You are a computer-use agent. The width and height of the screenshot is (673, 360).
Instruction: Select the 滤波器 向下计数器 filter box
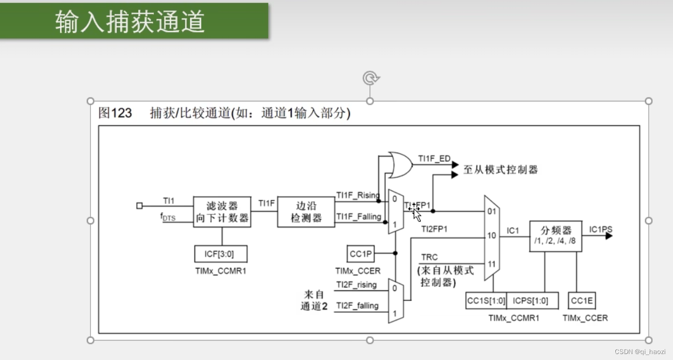coord(222,212)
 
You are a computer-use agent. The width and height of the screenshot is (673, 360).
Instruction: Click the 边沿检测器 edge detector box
coord(306,212)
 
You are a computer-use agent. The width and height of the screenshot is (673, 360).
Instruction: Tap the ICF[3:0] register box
coord(221,254)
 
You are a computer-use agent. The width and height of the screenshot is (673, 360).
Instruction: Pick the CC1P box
coord(361,254)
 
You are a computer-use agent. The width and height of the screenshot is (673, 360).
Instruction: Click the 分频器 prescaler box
coord(555,236)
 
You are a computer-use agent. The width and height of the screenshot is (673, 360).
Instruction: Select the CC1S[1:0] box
coord(486,301)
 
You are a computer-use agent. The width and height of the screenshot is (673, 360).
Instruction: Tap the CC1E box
coord(582,301)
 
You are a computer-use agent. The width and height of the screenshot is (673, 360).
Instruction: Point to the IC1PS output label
coord(600,229)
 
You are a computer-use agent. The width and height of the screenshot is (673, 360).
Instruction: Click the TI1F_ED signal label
coord(433,159)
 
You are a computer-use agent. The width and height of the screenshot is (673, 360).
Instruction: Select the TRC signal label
coord(429,257)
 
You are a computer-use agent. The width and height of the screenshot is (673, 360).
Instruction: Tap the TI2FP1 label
coord(434,229)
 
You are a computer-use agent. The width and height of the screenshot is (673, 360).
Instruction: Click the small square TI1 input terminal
coord(140,205)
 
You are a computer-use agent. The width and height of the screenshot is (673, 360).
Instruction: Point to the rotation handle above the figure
coord(370,78)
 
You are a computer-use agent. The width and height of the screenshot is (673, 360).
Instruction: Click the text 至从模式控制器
coord(501,170)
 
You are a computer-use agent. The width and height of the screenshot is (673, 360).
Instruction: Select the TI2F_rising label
coord(356,285)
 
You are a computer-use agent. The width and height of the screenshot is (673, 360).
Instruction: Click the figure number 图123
coord(115,113)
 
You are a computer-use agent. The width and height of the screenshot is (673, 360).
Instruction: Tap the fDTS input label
coord(168,217)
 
